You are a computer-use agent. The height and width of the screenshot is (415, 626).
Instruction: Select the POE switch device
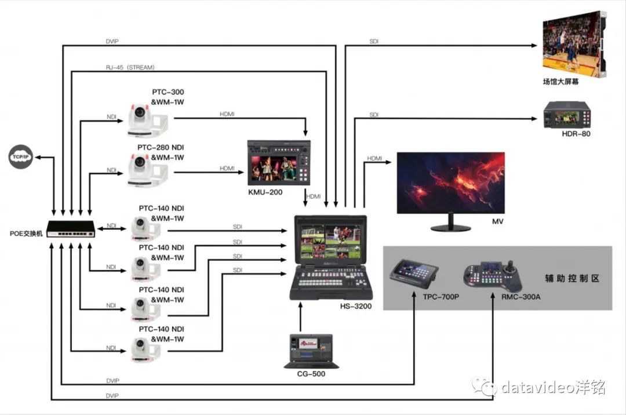click(70, 228)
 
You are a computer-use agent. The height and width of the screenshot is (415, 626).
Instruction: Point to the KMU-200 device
click(278, 163)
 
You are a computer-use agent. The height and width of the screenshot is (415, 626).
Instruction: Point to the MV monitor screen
click(450, 182)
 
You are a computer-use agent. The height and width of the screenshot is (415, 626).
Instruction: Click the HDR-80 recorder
click(566, 115)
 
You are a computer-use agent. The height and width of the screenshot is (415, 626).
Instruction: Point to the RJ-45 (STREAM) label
click(130, 68)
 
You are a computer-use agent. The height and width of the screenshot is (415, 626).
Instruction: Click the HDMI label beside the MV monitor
click(374, 158)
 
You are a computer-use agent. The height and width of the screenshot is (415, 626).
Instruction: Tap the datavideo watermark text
click(553, 387)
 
